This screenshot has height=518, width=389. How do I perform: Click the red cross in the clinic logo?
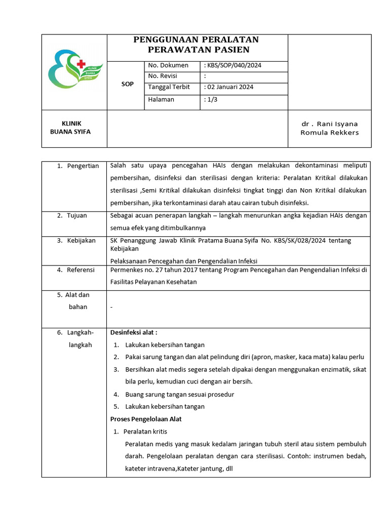[80, 64]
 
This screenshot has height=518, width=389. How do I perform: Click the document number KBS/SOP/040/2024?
[234, 66]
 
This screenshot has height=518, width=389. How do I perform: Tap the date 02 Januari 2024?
[229, 87]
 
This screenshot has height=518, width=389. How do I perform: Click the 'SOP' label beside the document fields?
[128, 84]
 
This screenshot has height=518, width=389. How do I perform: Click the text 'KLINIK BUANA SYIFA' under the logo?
[71, 127]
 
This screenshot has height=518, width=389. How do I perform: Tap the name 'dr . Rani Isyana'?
[329, 124]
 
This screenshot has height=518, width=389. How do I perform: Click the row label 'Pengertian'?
[83, 166]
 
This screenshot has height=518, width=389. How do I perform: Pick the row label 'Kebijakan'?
[81, 241]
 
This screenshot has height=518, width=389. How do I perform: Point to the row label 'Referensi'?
[81, 270]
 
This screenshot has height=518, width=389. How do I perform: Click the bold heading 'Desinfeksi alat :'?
[134, 332]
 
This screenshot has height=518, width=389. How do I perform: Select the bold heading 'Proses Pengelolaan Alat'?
[146, 419]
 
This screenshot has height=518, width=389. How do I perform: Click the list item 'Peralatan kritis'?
[145, 431]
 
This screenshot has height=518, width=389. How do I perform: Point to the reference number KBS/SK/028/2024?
[301, 241]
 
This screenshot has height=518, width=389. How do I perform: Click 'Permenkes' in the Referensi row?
[125, 270]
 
